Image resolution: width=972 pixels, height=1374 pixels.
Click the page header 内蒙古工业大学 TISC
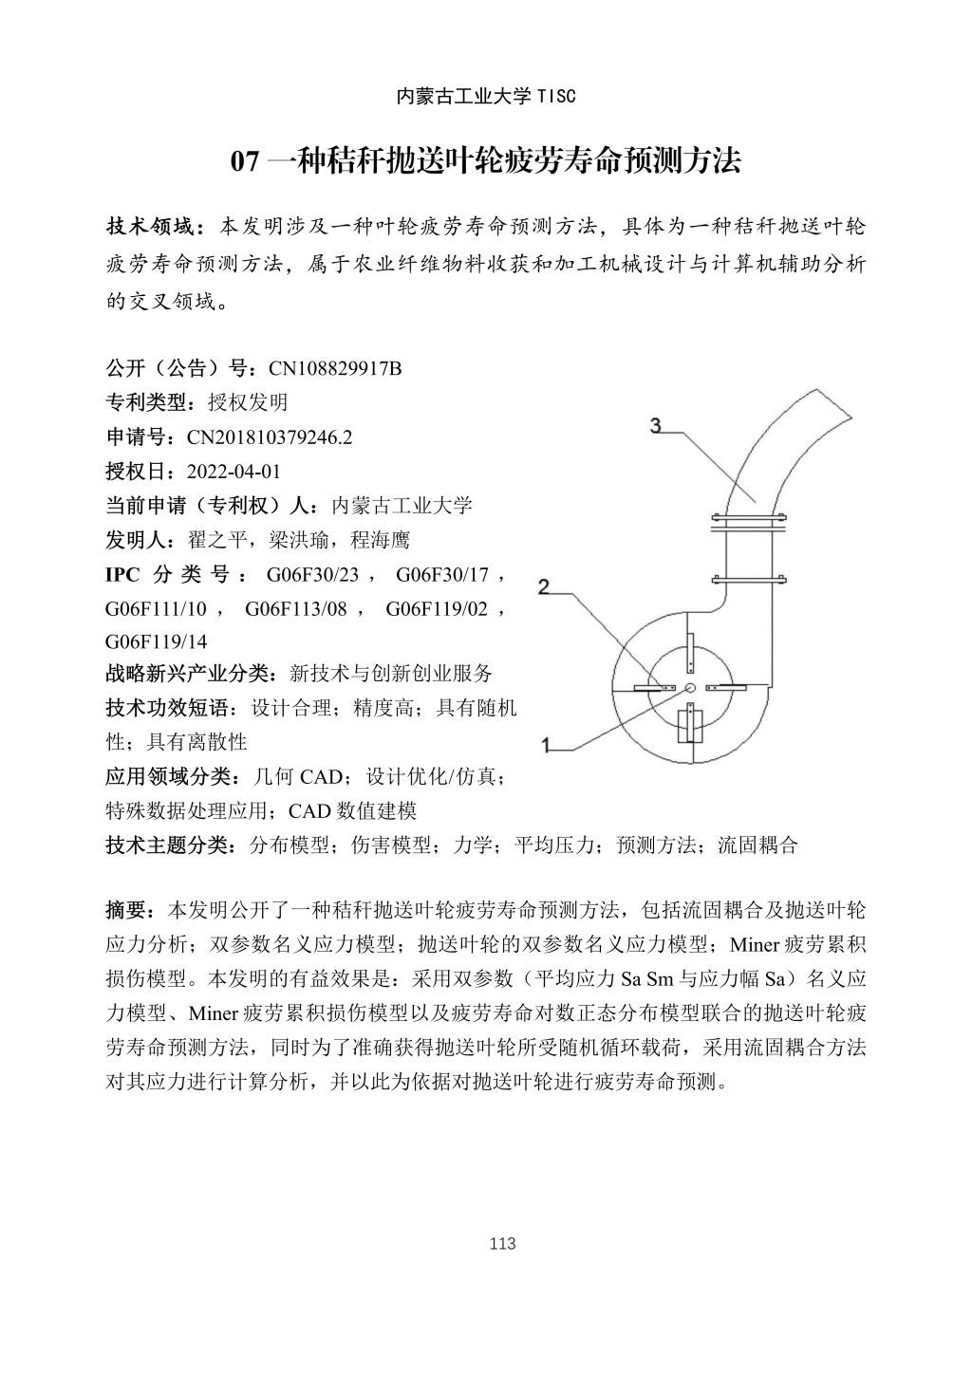[x=485, y=96]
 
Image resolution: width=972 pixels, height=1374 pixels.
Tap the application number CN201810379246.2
[x=270, y=437]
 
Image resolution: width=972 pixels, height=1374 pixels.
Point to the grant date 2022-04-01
[x=234, y=472]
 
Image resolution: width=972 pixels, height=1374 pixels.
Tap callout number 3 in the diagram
[x=656, y=425]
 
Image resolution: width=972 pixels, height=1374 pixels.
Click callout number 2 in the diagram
[x=543, y=587]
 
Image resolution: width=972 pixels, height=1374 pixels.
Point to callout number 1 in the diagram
[x=546, y=745]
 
